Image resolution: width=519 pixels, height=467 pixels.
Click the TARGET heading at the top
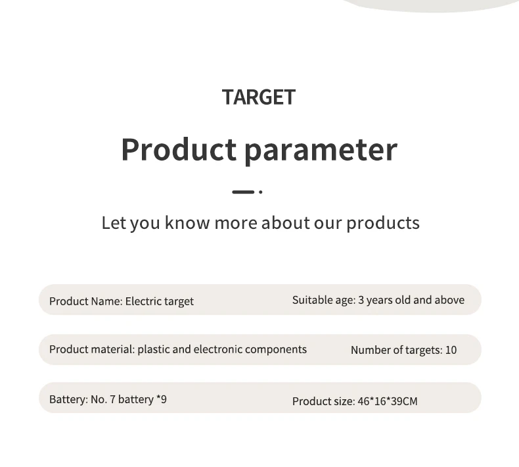[258, 97]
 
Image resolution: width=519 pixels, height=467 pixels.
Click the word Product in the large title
[179, 149]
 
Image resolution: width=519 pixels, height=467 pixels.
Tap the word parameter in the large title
[321, 151]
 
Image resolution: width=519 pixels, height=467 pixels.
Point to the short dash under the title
[243, 192]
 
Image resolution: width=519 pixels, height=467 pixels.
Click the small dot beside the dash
[261, 192]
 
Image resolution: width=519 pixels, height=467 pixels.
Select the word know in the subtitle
[187, 222]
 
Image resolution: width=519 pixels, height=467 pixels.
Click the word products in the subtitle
[383, 223]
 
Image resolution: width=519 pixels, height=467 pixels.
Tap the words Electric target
[159, 301]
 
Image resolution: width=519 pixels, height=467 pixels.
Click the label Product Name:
[86, 301]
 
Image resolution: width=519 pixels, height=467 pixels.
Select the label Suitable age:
[324, 300]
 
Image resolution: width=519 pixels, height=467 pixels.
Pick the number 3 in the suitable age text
[361, 300]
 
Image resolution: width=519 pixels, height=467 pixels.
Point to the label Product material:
[92, 349]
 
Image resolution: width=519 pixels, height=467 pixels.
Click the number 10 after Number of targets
[451, 350]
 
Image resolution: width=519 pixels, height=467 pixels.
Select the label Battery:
[68, 399]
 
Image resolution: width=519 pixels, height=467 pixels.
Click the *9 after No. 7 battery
[162, 399]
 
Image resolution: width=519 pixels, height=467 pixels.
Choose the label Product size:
[324, 401]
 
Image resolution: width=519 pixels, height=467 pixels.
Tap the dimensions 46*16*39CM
[388, 401]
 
